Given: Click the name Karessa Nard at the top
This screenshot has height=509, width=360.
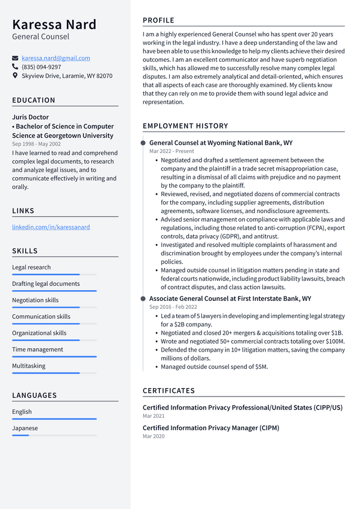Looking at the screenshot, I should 54,24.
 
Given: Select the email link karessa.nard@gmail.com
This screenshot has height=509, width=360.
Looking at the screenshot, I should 56,58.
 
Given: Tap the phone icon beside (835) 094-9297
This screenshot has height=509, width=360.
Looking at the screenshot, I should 15,67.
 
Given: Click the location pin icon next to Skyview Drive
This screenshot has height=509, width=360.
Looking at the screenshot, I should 15,75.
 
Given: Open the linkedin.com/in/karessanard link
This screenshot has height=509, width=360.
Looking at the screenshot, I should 51,227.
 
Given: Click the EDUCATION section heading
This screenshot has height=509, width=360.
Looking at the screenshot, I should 34,100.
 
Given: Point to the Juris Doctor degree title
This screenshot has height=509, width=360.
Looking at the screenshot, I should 30,118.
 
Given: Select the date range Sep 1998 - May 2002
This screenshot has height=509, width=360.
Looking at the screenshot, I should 37,144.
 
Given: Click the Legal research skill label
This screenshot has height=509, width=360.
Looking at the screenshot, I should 31,267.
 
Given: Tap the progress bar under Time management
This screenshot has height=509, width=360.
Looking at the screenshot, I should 54,357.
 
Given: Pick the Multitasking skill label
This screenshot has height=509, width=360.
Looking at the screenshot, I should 29,366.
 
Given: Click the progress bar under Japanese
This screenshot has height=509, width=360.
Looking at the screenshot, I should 54,435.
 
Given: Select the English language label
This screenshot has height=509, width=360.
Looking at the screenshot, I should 22,412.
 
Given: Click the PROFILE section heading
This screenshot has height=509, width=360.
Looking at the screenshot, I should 159,20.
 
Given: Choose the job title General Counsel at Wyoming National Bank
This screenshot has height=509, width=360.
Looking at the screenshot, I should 220,143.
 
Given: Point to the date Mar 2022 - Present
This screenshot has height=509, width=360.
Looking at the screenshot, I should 172,151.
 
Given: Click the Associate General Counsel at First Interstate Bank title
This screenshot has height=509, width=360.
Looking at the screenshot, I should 230,299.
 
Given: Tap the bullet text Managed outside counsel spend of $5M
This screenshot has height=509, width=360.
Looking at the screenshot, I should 214,367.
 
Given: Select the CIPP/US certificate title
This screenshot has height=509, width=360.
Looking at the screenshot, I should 242,408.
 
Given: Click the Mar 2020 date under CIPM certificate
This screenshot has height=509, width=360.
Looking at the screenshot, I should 154,436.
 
